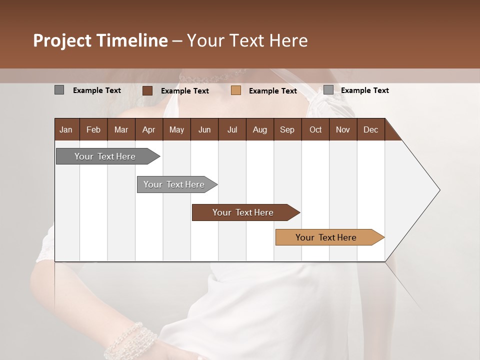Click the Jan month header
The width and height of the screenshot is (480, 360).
coord(66,130)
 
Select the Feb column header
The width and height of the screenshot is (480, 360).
coord(93,130)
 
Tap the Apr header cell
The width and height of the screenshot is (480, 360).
coord(148,130)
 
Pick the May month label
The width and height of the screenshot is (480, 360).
coord(176,130)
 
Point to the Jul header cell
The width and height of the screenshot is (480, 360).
coord(232,130)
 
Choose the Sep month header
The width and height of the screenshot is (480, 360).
coord(287,130)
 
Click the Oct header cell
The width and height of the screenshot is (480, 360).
coord(315,130)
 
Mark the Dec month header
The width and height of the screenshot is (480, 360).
coord(370,130)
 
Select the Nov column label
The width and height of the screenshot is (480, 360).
coord(343,130)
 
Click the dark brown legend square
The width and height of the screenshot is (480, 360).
coord(147,90)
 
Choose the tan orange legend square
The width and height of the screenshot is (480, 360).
coord(236,90)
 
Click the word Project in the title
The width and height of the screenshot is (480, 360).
coord(62,40)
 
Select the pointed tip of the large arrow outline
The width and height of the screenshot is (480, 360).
coord(439,190)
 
